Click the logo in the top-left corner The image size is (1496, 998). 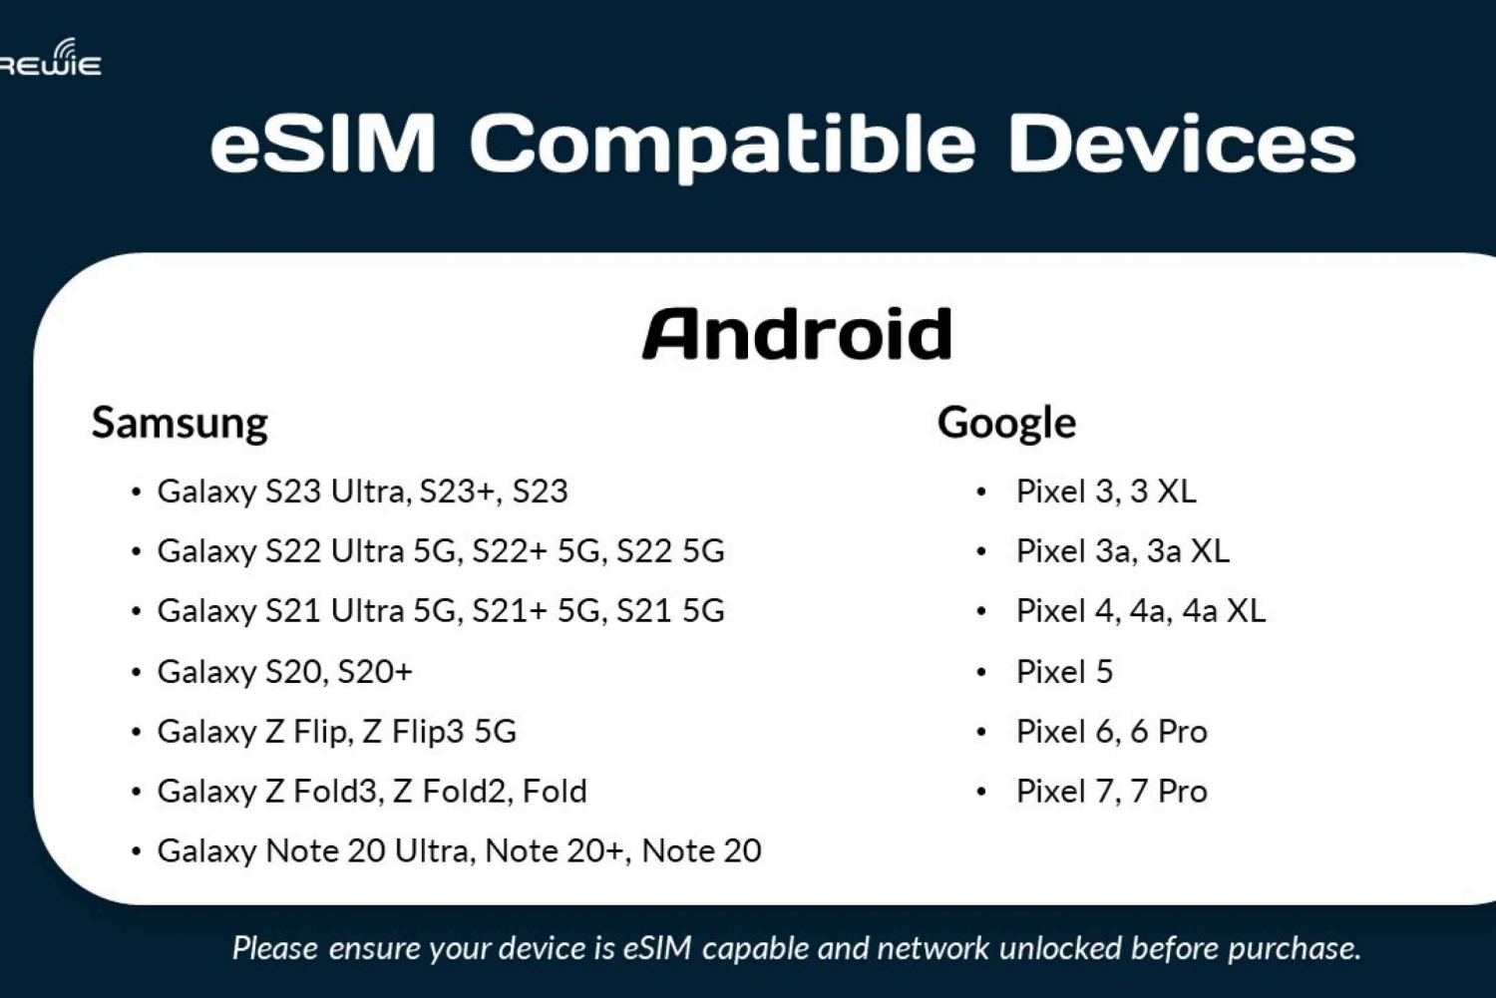(x=50, y=58)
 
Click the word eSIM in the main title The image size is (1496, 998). (x=324, y=144)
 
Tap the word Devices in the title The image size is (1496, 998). (x=1182, y=144)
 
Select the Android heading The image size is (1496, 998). (x=798, y=334)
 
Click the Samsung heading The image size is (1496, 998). (x=180, y=424)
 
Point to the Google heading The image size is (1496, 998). (x=1006, y=424)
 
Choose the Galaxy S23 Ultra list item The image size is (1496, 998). (x=363, y=492)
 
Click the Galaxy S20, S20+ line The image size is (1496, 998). (x=285, y=672)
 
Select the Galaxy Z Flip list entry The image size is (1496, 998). (x=337, y=732)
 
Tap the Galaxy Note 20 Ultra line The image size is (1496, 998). (x=460, y=851)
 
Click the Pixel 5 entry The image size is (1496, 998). (x=1064, y=672)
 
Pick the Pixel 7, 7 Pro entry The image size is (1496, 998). (x=1112, y=791)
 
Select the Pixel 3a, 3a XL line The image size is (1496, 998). (x=1123, y=551)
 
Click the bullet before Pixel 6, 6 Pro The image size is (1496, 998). (x=981, y=733)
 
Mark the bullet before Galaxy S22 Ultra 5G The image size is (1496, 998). (x=137, y=552)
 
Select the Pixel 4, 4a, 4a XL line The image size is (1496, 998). (x=1141, y=611)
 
